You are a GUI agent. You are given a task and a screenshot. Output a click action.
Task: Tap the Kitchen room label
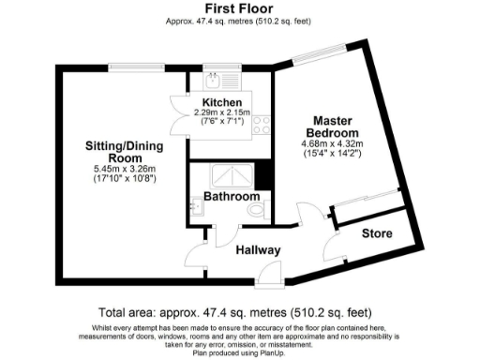[x=221, y=102]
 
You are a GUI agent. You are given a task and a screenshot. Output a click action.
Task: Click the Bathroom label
[x=231, y=198]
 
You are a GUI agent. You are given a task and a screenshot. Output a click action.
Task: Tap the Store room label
[x=378, y=234]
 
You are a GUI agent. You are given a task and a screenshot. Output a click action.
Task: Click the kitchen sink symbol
[x=213, y=78]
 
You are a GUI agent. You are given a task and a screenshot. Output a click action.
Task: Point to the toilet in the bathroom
[x=258, y=212]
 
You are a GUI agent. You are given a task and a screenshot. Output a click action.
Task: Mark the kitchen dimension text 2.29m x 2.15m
[x=221, y=113]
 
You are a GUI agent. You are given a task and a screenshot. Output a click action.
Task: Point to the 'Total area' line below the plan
[x=234, y=312]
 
